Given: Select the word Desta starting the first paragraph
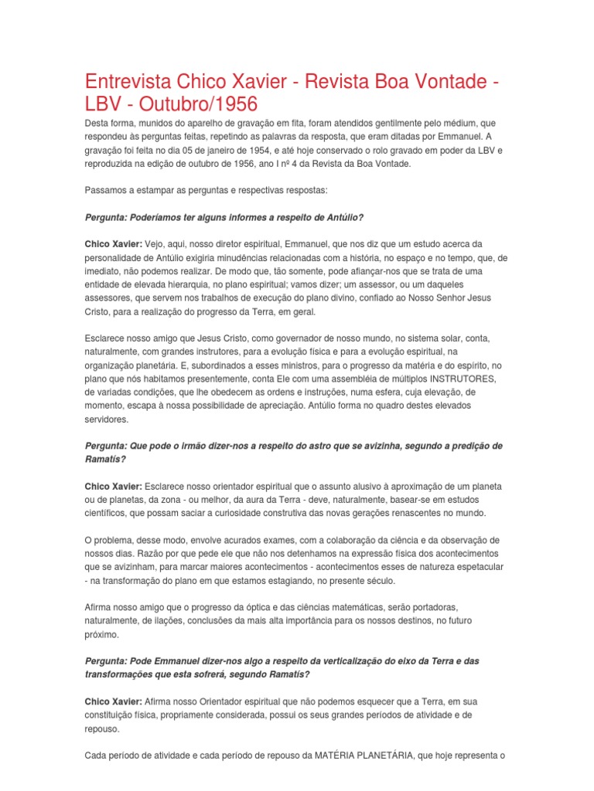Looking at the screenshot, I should click(x=98, y=124).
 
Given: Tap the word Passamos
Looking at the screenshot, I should click(x=107, y=190).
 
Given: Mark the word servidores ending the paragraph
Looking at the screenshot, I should click(x=108, y=419).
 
